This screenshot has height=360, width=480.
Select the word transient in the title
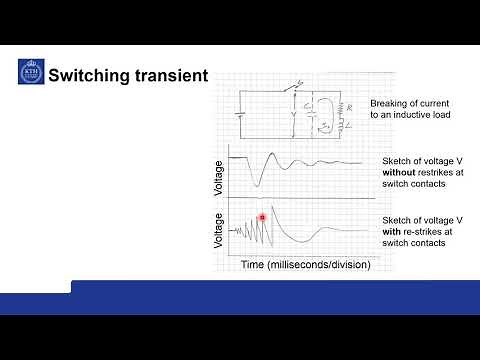[172, 75]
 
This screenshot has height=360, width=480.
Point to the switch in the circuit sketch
[290, 89]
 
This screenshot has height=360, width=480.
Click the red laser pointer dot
[262, 217]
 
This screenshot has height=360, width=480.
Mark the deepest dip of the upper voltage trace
[259, 184]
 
